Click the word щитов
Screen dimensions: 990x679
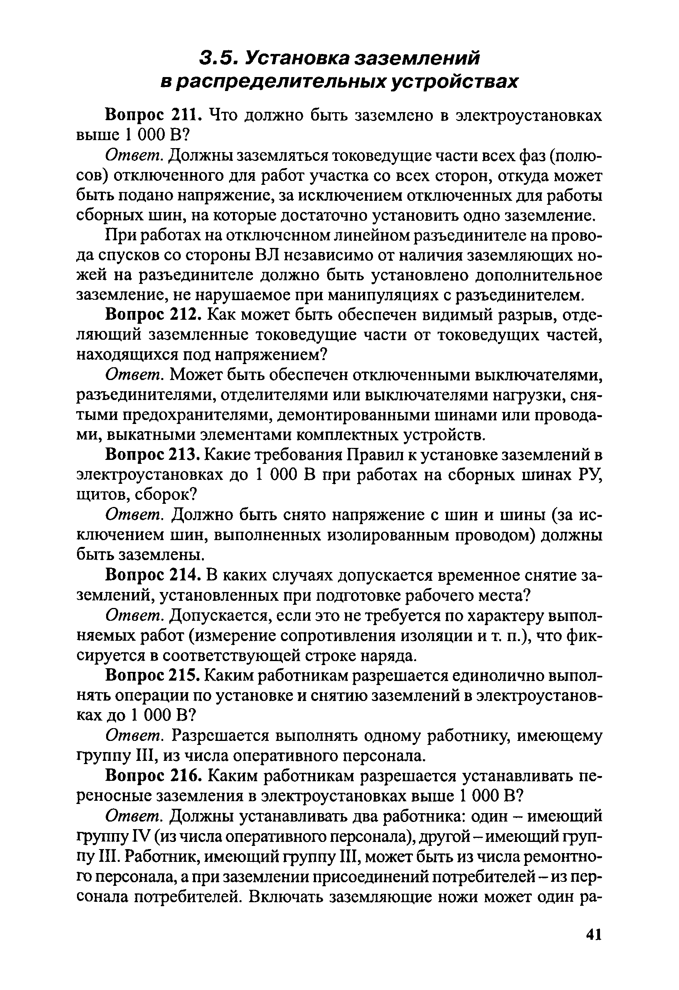coord(101,495)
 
